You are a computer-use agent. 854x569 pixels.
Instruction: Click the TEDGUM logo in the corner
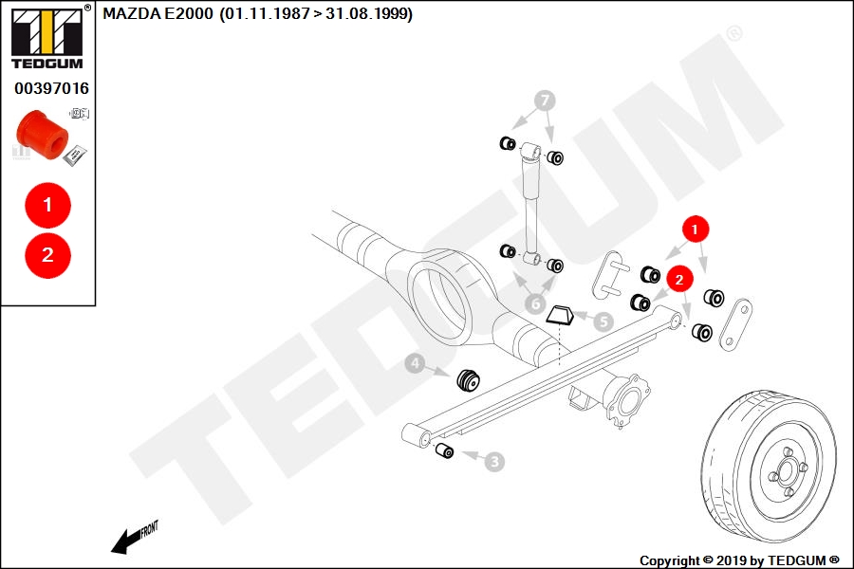click(x=48, y=37)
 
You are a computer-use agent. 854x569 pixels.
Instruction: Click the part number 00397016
click(x=51, y=88)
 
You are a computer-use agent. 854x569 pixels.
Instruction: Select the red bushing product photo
click(x=43, y=135)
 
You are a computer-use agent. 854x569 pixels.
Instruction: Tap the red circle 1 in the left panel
click(x=48, y=205)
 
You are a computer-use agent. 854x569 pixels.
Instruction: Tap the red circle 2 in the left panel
click(x=48, y=255)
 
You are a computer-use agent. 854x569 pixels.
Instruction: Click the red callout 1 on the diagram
click(x=695, y=229)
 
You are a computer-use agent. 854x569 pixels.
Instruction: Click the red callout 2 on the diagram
click(x=679, y=280)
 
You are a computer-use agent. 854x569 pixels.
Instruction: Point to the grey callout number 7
click(x=545, y=101)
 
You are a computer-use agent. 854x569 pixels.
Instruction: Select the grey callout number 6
click(x=536, y=303)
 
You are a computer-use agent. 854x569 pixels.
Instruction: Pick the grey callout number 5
click(x=603, y=321)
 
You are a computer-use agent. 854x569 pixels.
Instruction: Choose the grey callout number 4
click(x=416, y=363)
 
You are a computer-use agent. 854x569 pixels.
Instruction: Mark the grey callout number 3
click(x=494, y=462)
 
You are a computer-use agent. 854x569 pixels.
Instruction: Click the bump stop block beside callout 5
click(x=561, y=316)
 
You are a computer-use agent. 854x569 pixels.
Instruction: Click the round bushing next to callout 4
click(x=468, y=379)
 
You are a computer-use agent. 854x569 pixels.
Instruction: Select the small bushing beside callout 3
click(x=444, y=450)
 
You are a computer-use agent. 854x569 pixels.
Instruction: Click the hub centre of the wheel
click(x=787, y=471)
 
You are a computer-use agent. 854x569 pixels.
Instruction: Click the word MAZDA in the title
click(x=132, y=13)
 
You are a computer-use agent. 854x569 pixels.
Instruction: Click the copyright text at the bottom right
click(x=739, y=560)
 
